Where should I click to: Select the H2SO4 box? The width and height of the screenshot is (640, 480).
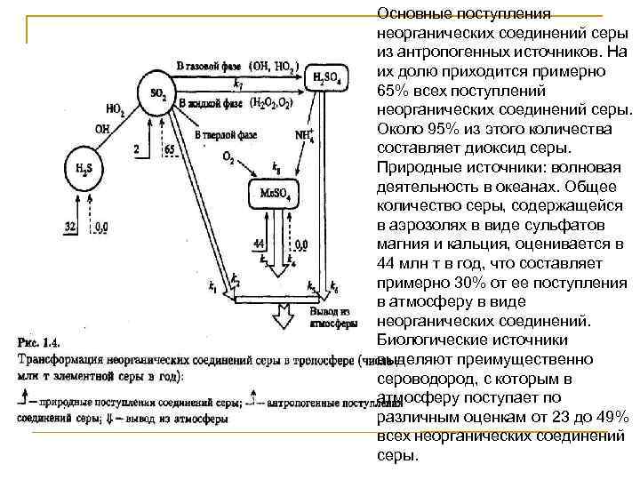click(331, 78)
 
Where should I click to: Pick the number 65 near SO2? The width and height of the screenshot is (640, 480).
click(170, 148)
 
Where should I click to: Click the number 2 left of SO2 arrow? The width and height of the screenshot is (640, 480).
click(136, 148)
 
